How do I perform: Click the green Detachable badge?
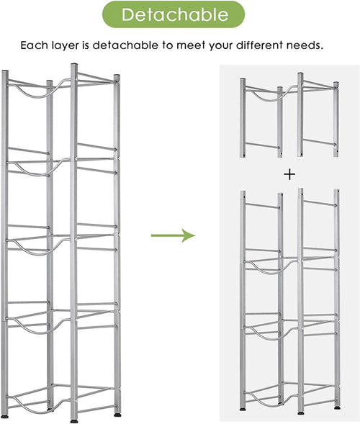(174, 14)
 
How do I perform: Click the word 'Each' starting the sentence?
(34, 45)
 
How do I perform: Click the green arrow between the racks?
(173, 235)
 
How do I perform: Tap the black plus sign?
(289, 175)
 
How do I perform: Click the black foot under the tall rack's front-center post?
(74, 421)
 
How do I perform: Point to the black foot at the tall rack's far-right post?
(117, 414)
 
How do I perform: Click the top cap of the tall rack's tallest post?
(74, 65)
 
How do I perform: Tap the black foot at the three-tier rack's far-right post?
(337, 407)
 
